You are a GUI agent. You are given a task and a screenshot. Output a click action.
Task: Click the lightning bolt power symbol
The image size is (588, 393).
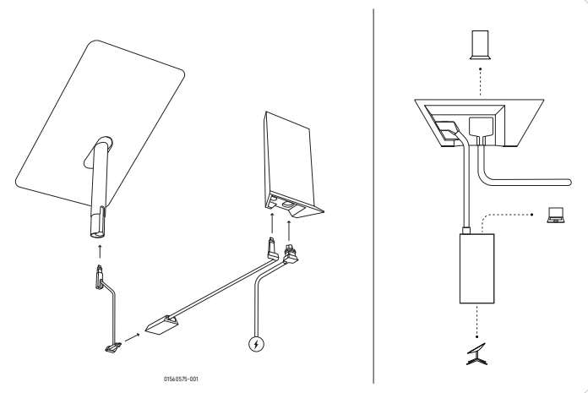click(x=257, y=344)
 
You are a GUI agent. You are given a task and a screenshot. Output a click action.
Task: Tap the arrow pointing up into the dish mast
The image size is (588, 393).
click(x=100, y=249)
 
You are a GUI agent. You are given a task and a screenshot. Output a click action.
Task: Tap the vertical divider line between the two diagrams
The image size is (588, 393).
click(x=374, y=194)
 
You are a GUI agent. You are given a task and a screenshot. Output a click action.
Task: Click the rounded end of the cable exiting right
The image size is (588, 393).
click(x=574, y=178)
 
